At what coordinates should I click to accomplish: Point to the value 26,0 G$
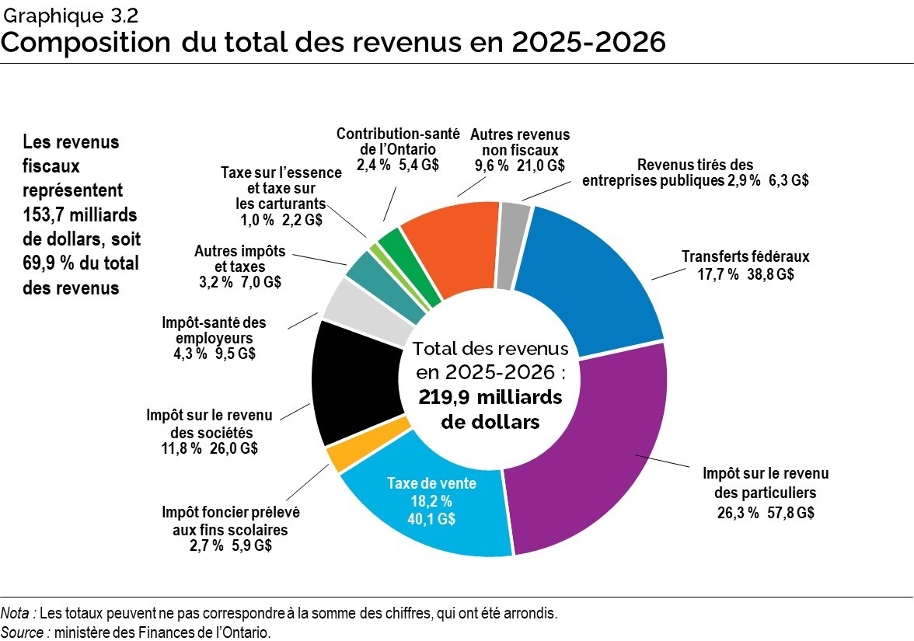(234, 448)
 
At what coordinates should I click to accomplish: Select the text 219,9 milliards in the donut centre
(490, 397)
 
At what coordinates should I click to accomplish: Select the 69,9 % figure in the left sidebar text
(50, 263)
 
